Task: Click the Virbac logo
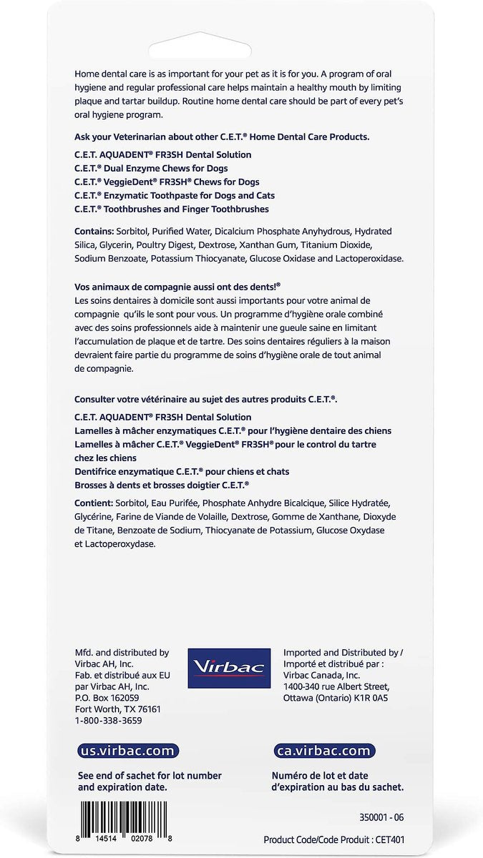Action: [x=228, y=669]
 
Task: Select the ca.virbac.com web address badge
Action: [x=324, y=751]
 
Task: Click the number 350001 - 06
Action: [x=386, y=817]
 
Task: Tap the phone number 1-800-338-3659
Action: [x=108, y=721]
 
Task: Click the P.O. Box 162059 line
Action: [x=107, y=698]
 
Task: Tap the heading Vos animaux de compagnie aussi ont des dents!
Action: [x=177, y=285]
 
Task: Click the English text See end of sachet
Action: [x=150, y=776]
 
